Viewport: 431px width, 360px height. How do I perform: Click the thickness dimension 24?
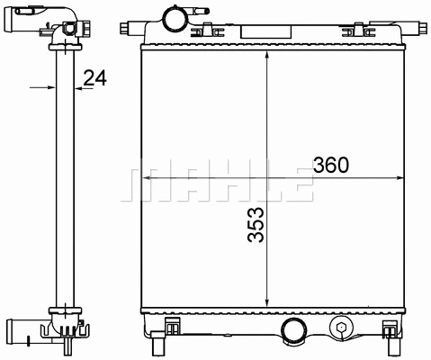(94, 79)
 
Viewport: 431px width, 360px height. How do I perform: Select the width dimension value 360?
(330, 166)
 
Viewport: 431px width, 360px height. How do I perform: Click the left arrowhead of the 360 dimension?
(149, 180)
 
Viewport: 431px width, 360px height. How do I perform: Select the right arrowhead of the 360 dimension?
(396, 180)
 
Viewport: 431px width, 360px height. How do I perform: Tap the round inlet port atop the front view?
(172, 17)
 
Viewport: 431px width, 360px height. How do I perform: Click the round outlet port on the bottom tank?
(294, 330)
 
